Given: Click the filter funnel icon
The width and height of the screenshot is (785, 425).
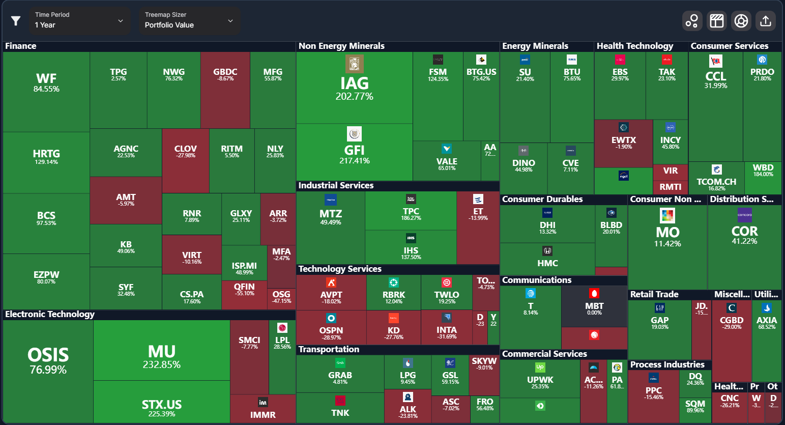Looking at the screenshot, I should (x=16, y=21).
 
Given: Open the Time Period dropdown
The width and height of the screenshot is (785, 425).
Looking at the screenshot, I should (x=79, y=20).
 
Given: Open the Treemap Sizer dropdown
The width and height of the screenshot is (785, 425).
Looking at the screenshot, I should (x=189, y=20).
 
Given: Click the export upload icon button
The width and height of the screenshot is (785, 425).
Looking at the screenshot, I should (x=765, y=21).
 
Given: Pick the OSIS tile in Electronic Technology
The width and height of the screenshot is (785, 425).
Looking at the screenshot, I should (x=48, y=360).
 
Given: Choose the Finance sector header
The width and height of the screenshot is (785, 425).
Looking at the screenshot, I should (x=21, y=46).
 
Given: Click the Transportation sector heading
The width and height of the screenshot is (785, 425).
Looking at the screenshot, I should (x=329, y=349).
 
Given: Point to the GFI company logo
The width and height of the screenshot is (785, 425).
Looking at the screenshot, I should (x=354, y=134).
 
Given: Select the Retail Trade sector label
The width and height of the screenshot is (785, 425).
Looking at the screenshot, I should (x=654, y=294).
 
